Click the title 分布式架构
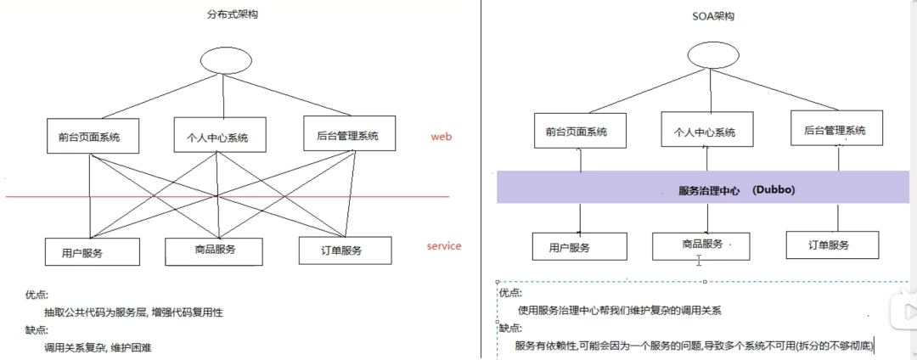point(221,14)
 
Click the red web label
point(442,136)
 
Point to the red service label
point(444,246)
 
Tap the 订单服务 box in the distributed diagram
point(345,250)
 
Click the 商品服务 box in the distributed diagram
point(213,250)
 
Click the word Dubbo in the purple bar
point(774,189)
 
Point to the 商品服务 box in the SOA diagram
point(702,245)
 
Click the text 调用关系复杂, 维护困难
point(98,347)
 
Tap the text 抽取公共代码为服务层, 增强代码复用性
point(133,312)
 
